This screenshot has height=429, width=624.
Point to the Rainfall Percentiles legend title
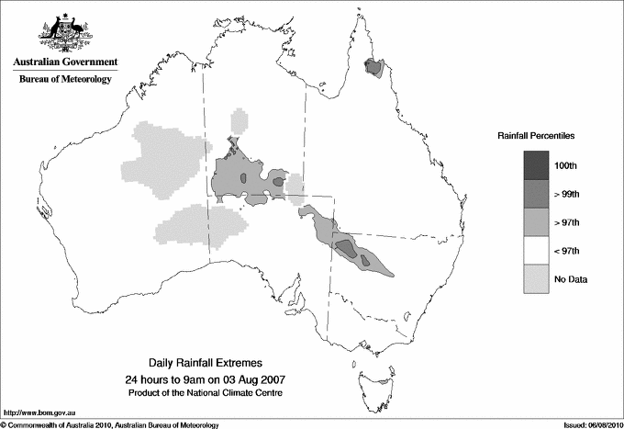(537, 135)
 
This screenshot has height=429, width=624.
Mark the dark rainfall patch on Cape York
(373, 67)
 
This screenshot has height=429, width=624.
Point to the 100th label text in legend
(566, 165)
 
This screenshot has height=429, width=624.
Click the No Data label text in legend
(571, 279)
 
